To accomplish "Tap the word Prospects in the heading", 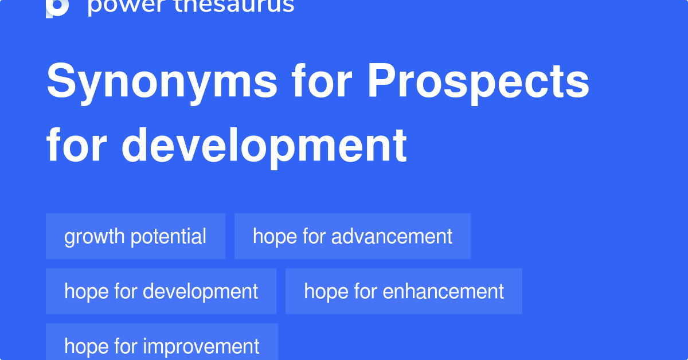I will (x=479, y=81).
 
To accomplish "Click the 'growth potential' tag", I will (x=135, y=236).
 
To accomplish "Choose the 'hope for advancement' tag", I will (x=352, y=236).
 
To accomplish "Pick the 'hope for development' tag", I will (x=161, y=291).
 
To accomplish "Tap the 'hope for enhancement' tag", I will (x=404, y=291).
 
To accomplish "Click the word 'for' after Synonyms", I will (x=323, y=81).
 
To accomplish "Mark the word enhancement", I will (x=443, y=291).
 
